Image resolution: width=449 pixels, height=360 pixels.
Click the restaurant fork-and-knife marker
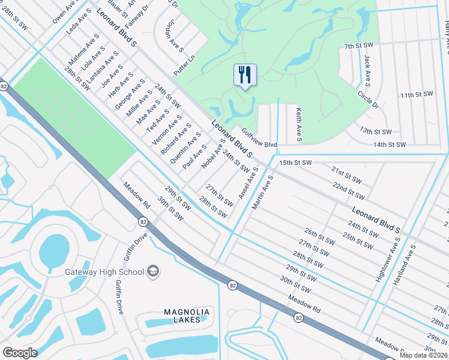[245, 76]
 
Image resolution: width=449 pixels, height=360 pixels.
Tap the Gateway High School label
[104, 272]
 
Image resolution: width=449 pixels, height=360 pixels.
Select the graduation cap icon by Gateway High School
[153, 272]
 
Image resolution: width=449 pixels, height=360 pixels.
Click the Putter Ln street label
[184, 61]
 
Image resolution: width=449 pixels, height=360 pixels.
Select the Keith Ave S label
[298, 125]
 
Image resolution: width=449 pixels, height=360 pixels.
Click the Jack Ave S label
[367, 70]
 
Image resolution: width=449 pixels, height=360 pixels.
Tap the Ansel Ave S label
[248, 184]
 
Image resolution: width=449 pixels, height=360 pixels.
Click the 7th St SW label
[359, 46]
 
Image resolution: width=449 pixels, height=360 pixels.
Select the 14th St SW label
[390, 145]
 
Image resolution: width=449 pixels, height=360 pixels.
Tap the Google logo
[20, 353]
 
